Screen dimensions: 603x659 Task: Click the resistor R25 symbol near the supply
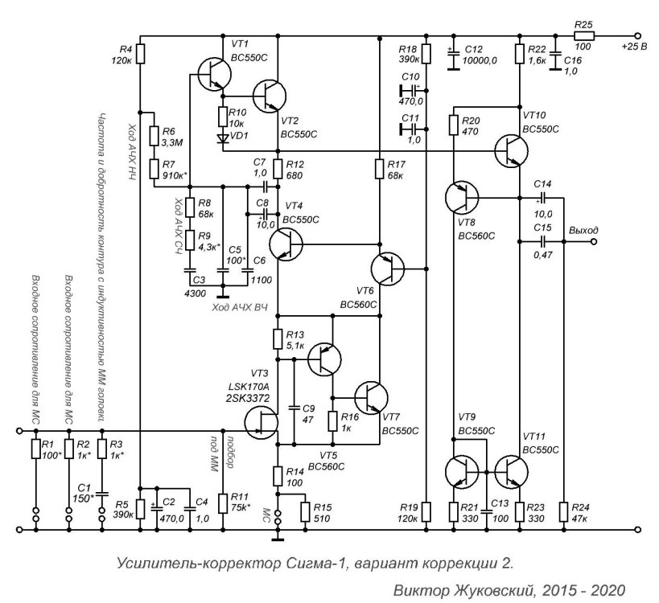(584, 36)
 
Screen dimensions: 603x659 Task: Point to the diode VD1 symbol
(222, 137)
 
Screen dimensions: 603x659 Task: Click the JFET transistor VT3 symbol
(262, 424)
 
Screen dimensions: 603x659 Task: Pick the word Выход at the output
(583, 230)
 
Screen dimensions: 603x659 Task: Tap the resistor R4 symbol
(141, 54)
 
